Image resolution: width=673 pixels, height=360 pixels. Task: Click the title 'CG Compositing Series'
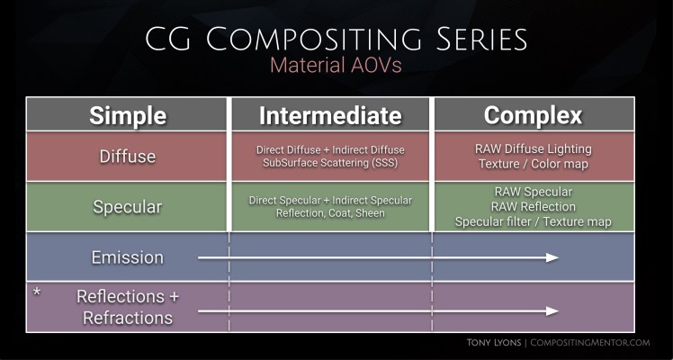point(336,40)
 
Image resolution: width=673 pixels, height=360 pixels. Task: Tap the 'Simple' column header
point(127,115)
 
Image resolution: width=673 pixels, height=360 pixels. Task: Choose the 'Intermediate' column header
point(330,115)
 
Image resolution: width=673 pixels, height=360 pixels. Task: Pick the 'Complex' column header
point(533,115)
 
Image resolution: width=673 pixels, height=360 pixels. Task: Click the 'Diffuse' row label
point(127,157)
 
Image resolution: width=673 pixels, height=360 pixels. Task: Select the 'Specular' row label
point(127,207)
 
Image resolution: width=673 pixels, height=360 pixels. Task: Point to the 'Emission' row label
point(127,257)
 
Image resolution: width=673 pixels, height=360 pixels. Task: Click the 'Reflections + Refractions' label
point(127,307)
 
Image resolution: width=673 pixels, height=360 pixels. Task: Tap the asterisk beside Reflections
point(37,294)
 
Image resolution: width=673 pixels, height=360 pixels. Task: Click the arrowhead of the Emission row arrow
point(552,257)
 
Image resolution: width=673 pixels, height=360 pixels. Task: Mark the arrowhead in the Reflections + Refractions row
point(552,311)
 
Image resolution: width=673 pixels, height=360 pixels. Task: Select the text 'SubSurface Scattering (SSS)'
point(330,164)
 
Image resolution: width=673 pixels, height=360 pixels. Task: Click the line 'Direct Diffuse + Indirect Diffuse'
point(330,148)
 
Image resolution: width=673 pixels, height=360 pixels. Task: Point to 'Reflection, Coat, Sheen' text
point(330,213)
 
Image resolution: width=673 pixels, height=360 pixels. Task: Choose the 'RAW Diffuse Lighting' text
point(533,148)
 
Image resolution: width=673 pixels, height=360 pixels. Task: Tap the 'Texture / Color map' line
point(533,164)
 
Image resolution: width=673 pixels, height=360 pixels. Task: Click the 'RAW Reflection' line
point(533,207)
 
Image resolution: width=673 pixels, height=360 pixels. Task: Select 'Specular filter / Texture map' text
point(533,221)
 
